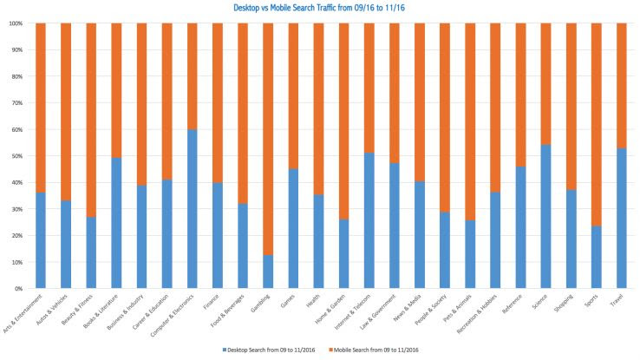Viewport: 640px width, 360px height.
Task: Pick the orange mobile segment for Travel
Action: (622, 86)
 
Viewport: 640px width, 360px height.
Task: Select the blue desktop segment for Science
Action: (546, 216)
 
